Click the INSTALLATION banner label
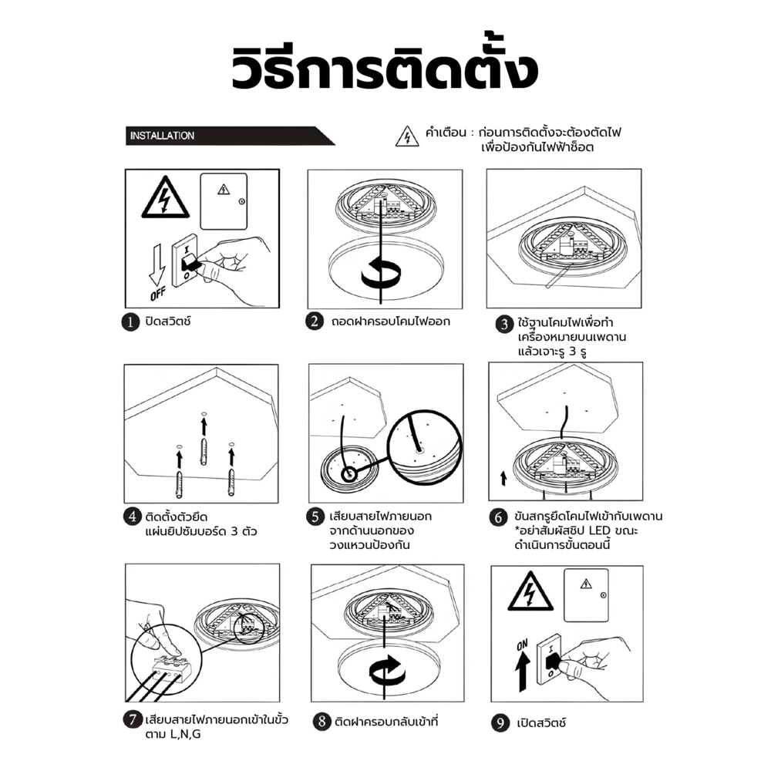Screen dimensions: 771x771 [x=162, y=136]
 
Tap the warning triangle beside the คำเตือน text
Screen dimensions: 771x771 [x=407, y=136]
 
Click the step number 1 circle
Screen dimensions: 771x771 [x=130, y=322]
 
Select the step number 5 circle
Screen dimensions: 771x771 [x=315, y=517]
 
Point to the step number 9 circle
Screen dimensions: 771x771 [x=500, y=723]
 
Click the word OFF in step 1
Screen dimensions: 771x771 [x=158, y=294]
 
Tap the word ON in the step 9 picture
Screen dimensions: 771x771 [x=522, y=645]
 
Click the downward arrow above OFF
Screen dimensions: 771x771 [x=157, y=264]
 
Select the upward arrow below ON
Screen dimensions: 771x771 [x=522, y=672]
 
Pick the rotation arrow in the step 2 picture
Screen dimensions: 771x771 [x=381, y=272]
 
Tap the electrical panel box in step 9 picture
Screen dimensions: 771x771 [x=586, y=595]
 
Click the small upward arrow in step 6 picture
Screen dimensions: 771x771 [x=503, y=479]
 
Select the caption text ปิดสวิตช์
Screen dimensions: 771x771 [x=167, y=322]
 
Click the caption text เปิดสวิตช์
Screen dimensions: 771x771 [x=541, y=723]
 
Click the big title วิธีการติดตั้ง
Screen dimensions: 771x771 [x=385, y=68]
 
